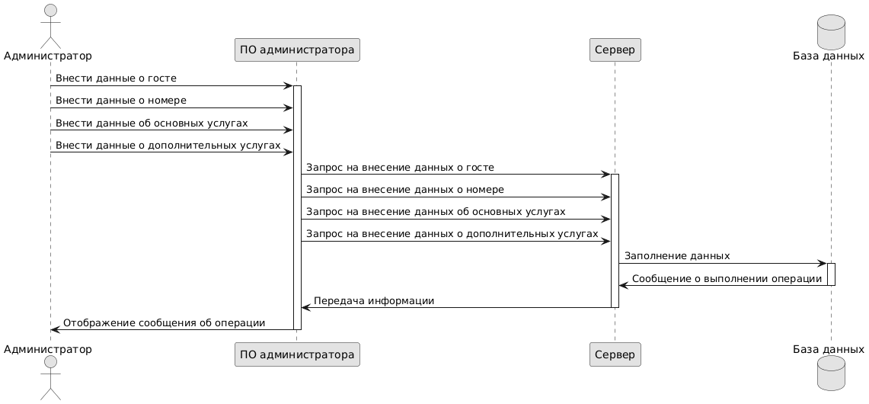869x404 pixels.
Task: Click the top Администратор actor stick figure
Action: click(50, 24)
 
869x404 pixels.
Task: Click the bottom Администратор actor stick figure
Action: click(50, 378)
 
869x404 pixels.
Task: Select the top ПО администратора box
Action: click(297, 50)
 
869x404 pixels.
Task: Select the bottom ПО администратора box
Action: click(297, 354)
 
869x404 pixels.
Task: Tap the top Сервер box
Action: click(615, 50)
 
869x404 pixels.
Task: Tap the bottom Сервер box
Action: click(615, 354)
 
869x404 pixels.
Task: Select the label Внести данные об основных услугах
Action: click(151, 123)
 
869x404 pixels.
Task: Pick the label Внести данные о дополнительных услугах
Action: click(168, 145)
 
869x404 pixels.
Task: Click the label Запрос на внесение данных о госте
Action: click(400, 167)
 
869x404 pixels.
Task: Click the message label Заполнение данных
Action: click(677, 256)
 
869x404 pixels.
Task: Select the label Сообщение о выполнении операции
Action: click(727, 278)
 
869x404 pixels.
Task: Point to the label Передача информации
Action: click(374, 300)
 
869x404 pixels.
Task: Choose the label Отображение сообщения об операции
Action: click(164, 322)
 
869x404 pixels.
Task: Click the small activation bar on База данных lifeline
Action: click(831, 274)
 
